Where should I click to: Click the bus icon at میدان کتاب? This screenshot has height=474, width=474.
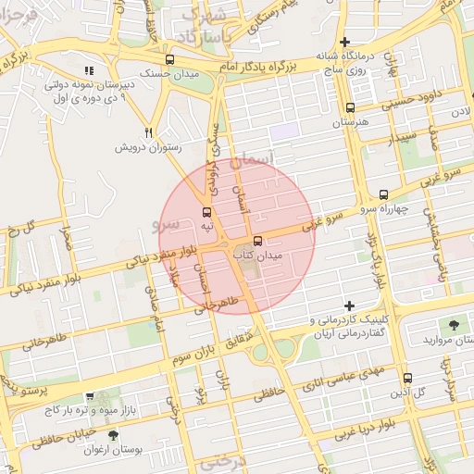244,242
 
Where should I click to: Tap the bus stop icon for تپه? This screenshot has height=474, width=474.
206,213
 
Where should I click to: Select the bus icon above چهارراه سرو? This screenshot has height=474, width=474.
383,194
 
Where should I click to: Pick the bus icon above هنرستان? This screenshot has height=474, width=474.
349,107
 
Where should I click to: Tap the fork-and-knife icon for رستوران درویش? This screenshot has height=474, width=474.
147,132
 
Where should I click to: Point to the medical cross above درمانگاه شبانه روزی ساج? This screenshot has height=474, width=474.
344,42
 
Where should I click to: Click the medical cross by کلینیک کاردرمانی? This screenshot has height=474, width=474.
349,306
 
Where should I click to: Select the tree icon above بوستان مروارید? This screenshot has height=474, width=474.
453,325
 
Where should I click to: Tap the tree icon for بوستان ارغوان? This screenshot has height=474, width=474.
114,434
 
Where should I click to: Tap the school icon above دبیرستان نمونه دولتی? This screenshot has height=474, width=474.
89,70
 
